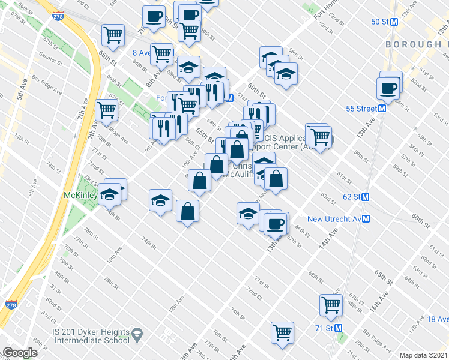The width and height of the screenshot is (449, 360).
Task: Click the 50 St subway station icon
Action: point(394,22)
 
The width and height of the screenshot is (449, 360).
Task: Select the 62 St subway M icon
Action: point(365,197)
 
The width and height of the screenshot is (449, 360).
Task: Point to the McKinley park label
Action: point(80,195)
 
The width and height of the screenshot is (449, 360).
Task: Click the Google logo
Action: point(20,353)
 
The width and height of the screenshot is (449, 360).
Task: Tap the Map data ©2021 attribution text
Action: point(423,355)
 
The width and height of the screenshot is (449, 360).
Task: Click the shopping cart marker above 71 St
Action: point(331,304)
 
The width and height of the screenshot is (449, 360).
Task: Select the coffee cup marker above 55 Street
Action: point(388,88)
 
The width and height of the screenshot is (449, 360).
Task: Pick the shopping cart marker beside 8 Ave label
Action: point(161,53)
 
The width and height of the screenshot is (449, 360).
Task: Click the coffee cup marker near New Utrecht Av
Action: point(276,224)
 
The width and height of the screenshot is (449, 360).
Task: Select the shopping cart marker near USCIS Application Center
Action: point(319,137)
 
